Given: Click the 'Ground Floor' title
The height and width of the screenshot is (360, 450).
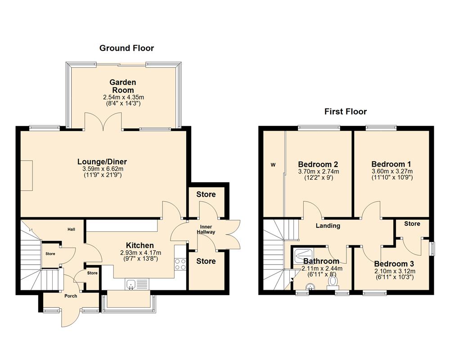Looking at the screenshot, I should click(x=126, y=48).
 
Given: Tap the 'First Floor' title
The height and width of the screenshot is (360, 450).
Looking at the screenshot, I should click(x=346, y=112).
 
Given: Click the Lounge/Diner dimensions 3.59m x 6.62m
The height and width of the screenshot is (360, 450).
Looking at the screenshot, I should click(x=102, y=169).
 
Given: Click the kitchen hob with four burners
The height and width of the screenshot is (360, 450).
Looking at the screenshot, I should click(x=180, y=264).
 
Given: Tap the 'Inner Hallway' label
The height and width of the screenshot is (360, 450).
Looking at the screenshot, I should click(x=207, y=229).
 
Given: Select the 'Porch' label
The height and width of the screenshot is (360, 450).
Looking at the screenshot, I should click(x=71, y=296).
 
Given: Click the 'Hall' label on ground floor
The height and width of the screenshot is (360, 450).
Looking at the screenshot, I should click(x=72, y=229).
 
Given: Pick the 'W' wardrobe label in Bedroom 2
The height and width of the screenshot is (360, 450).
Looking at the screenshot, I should click(x=273, y=165).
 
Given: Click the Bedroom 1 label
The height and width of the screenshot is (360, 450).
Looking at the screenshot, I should click(x=391, y=164).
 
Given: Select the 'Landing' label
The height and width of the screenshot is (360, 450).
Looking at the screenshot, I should click(x=328, y=226).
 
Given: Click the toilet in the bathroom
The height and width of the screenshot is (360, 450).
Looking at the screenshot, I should click(x=333, y=281).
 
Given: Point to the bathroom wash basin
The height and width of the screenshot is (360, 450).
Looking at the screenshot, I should click(x=309, y=286).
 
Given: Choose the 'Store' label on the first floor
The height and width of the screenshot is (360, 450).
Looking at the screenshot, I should click(x=412, y=224).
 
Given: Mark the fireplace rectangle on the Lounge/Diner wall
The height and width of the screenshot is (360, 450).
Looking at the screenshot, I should click(x=25, y=175).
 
